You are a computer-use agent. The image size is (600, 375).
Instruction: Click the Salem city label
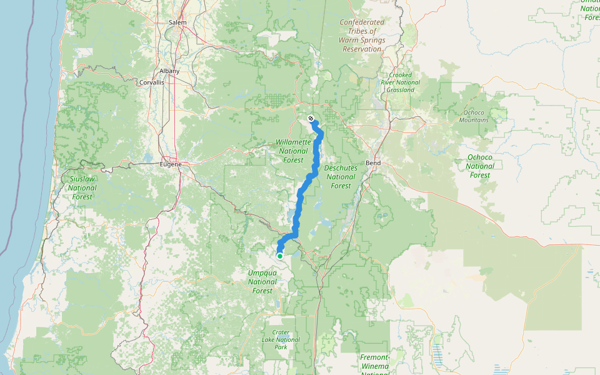pos(177,22)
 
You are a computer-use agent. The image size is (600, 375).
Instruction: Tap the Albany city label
pos(169,71)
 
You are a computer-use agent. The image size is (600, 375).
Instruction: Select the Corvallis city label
pos(152,82)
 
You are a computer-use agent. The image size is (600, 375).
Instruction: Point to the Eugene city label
pos(170,164)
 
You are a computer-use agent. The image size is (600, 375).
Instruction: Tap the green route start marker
pos(280,256)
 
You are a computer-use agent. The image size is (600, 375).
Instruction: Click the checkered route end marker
pos(311,118)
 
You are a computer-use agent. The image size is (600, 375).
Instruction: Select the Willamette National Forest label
pos(292,151)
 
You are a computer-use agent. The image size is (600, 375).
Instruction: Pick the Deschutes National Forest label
pos(341,177)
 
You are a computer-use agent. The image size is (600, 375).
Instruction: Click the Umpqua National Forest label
pos(262,282)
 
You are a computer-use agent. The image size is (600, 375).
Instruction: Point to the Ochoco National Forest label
pos(480,166)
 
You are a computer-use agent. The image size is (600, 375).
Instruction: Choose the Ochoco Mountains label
pos(474,116)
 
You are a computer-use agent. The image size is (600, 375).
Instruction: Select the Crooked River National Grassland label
pos(400,82)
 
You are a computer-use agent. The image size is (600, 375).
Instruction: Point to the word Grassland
pos(400,90)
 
